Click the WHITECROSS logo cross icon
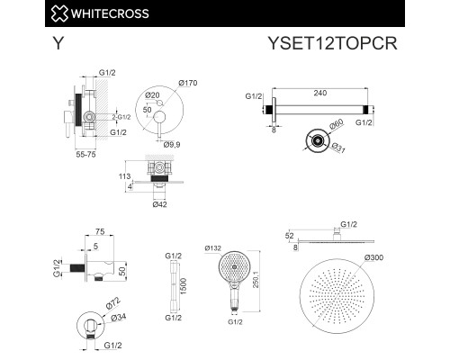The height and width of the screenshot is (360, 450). (59, 13)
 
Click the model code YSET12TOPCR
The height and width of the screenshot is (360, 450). (332, 43)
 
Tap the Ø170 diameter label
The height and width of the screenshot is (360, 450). (188, 83)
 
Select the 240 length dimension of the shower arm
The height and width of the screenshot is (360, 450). (320, 93)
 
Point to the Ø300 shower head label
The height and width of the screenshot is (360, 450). (373, 257)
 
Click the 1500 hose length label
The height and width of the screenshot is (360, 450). (184, 286)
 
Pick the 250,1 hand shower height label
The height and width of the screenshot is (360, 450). (256, 280)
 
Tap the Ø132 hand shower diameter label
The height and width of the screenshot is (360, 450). (213, 248)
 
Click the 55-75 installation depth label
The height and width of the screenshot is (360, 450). (86, 155)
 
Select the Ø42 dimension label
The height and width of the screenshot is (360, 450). (159, 204)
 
